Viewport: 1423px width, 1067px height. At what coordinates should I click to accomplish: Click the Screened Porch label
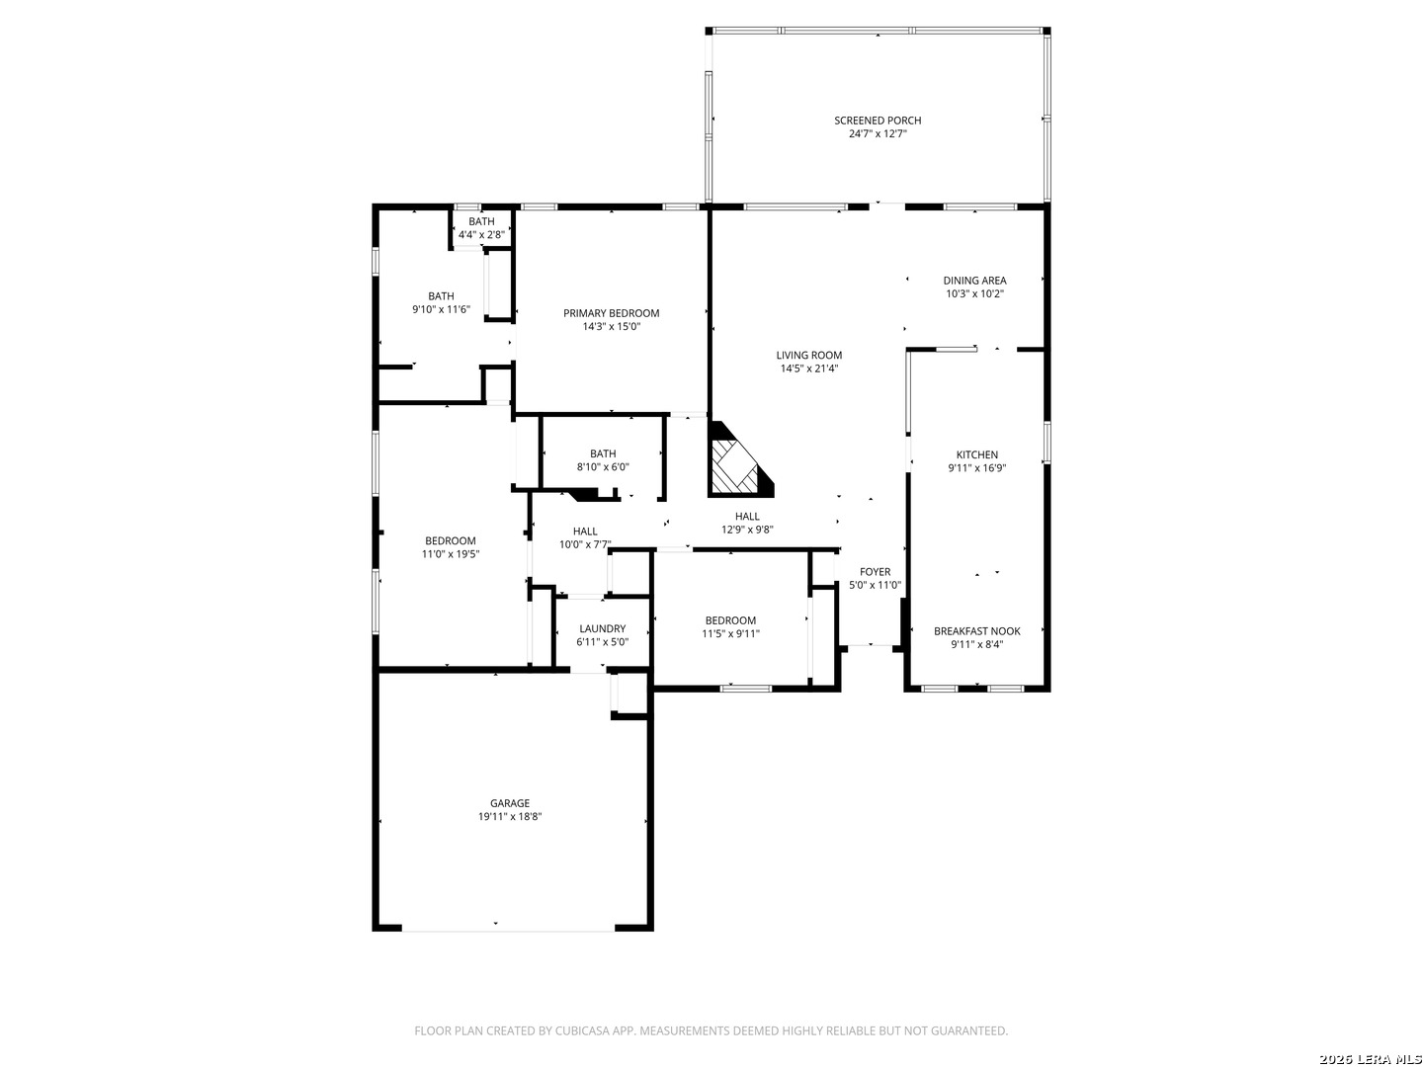[878, 121]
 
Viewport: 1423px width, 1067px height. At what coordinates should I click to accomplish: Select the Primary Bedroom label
[611, 313]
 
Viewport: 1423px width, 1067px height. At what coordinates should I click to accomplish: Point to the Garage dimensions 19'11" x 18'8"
[510, 817]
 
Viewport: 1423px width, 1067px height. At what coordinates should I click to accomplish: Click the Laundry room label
[602, 628]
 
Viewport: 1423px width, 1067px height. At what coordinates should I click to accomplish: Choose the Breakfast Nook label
[977, 631]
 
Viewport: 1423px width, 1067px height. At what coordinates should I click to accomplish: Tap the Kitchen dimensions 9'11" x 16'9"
[977, 467]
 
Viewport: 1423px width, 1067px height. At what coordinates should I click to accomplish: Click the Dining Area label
[974, 281]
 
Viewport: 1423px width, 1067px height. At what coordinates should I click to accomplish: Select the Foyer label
[875, 572]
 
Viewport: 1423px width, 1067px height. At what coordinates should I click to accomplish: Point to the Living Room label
[809, 355]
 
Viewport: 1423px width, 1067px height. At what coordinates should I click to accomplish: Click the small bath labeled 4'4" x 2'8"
[481, 228]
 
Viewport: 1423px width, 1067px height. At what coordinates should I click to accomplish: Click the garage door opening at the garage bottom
[508, 931]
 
